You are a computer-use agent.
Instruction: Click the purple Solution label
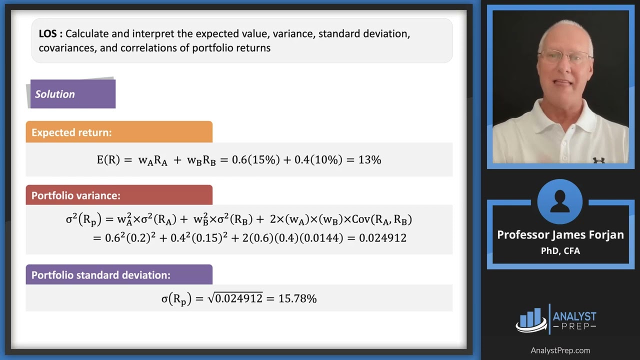(x=72, y=94)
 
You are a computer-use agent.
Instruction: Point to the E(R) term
(x=108, y=160)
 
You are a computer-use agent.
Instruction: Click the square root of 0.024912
(x=235, y=299)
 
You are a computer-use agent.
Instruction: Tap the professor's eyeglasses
(x=565, y=56)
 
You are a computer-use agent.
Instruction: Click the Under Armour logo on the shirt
(x=598, y=160)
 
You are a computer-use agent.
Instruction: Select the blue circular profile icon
(x=560, y=201)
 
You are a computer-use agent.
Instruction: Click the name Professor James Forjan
(x=560, y=235)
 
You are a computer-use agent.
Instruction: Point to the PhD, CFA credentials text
(x=560, y=251)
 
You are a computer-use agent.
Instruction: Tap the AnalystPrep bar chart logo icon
(x=531, y=319)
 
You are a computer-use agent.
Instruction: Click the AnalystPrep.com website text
(x=560, y=350)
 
